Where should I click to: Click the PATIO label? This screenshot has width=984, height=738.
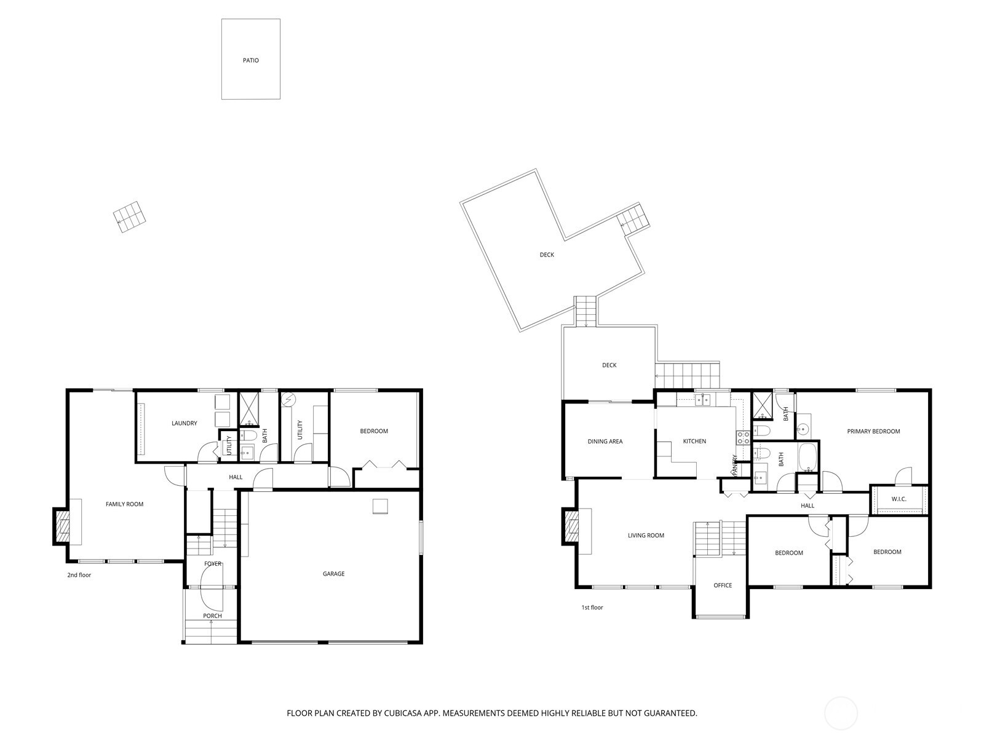(x=250, y=60)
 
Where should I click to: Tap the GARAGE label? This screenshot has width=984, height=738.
(x=333, y=574)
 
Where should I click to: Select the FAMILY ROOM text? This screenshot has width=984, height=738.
(x=124, y=504)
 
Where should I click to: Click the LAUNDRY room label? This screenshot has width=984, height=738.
(x=184, y=423)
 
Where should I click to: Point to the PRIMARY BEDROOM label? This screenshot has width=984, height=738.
(x=873, y=431)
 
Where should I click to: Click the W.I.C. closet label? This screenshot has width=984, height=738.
(x=899, y=499)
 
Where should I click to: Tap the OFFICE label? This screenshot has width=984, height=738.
(x=723, y=585)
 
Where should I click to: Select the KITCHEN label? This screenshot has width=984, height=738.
(x=694, y=441)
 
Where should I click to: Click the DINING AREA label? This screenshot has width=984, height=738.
(x=605, y=441)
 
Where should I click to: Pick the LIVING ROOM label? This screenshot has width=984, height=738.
(x=646, y=535)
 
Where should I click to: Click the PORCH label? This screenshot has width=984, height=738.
(x=212, y=616)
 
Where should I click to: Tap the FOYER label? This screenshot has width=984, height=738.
(x=212, y=563)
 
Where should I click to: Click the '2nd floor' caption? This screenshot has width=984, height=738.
(x=79, y=575)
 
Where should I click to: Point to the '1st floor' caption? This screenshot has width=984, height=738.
(x=592, y=608)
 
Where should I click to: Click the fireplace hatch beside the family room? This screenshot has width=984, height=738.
(x=63, y=526)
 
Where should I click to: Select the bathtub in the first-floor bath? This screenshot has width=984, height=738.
(x=807, y=457)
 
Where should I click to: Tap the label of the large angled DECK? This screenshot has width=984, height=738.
(x=547, y=255)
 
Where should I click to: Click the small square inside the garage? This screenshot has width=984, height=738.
(x=380, y=506)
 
